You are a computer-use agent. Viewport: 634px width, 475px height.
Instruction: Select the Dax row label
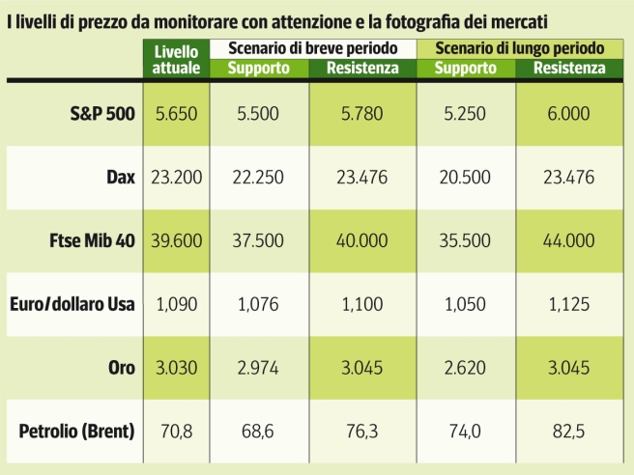[x=120, y=178]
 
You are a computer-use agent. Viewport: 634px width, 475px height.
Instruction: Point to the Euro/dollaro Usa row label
[x=72, y=303]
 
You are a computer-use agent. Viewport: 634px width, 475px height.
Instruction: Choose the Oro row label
[x=120, y=366]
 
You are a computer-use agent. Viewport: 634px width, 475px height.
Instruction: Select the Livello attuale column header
[x=176, y=58]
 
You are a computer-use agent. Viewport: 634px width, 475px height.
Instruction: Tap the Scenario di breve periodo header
[x=308, y=47]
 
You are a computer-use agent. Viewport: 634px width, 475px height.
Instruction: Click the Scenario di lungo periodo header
[x=520, y=47]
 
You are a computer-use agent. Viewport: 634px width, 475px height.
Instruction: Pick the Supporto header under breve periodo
[x=258, y=68]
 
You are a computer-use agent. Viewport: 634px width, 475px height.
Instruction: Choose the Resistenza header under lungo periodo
[x=568, y=68]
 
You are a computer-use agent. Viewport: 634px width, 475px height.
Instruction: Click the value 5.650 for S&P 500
[x=176, y=114]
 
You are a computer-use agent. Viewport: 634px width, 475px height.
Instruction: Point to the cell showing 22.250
[x=257, y=178]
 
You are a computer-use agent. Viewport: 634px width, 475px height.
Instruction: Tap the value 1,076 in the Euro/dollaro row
[x=257, y=303]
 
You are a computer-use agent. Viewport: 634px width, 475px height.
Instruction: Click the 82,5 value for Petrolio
[x=568, y=430]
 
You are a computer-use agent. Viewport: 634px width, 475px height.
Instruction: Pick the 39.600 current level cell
[x=176, y=240]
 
